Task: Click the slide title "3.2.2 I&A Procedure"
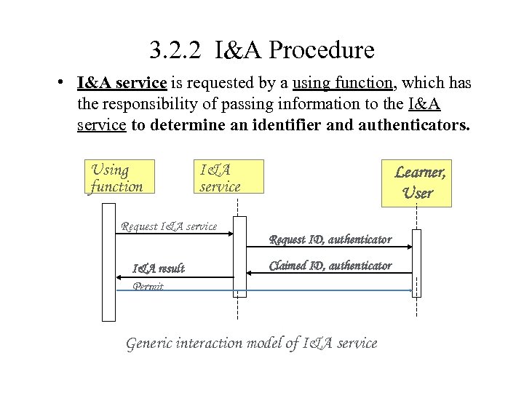262,51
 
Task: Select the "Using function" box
119,178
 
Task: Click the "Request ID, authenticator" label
330,239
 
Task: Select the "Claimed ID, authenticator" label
330,266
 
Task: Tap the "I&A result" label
158,269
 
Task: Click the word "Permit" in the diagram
148,287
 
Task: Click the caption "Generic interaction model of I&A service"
252,343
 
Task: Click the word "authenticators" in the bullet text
417,124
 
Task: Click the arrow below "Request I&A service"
175,234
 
